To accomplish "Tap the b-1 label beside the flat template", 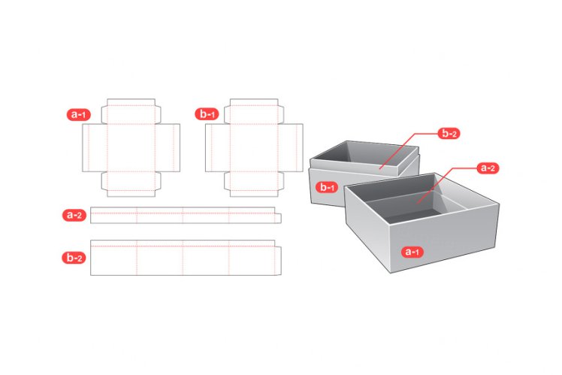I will pos(207,115).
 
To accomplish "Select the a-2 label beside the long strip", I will pos(74,215).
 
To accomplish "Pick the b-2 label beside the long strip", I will pos(74,258).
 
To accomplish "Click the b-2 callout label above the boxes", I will pos(450,135).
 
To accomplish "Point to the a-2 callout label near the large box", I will pos(488,168).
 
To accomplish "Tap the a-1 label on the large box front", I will pos(412,252).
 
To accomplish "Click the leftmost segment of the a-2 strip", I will pos(113,216).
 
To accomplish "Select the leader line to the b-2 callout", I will pos(406,149).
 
